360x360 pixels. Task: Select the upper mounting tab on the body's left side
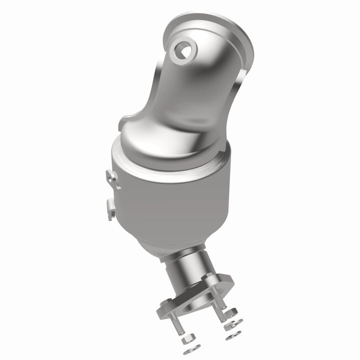112,179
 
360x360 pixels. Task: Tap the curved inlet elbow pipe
190,95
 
